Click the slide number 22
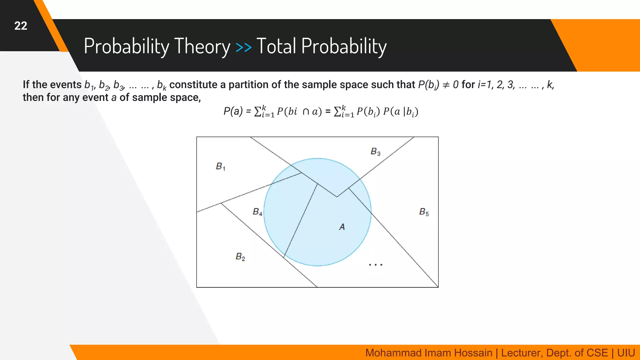(21, 26)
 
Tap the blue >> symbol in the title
(243, 47)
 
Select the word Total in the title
(276, 46)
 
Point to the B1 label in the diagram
(220, 166)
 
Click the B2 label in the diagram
(240, 257)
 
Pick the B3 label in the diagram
(375, 152)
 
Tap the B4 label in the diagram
(257, 212)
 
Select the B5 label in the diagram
(424, 212)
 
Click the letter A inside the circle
(342, 227)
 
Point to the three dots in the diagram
(375, 265)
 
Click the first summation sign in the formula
(258, 112)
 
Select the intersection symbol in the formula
(306, 112)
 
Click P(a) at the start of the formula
(233, 111)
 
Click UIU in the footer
(626, 353)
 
